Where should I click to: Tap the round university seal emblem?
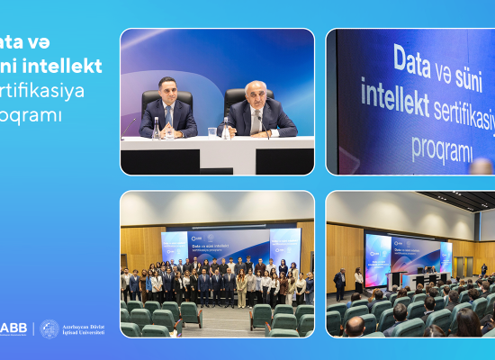49,328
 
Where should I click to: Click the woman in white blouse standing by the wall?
359,282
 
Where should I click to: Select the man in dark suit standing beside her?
339,283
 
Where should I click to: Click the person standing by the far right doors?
483,269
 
